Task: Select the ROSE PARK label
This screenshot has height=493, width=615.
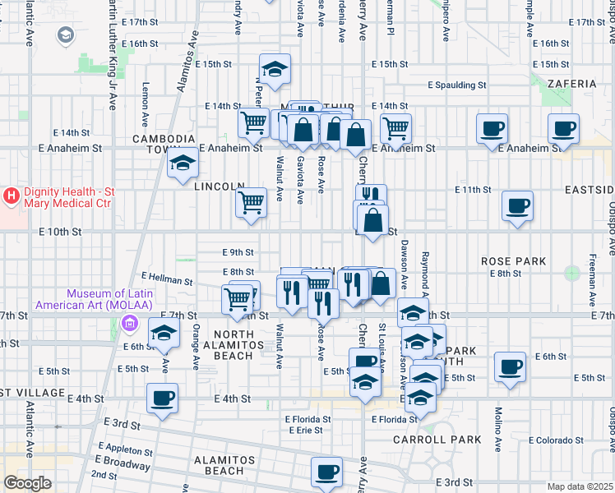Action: point(513,261)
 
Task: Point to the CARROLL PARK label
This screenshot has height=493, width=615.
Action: point(448,440)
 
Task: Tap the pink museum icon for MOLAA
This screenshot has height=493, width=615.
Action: point(127,325)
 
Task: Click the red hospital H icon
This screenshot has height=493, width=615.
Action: point(12,196)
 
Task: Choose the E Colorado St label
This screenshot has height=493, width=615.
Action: point(556,440)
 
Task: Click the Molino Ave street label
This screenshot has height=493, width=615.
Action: point(498,422)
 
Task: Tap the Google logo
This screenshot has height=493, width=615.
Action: point(27,483)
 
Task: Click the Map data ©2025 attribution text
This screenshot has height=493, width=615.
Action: point(580,486)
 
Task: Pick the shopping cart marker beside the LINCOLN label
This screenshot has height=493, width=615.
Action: point(251,201)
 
